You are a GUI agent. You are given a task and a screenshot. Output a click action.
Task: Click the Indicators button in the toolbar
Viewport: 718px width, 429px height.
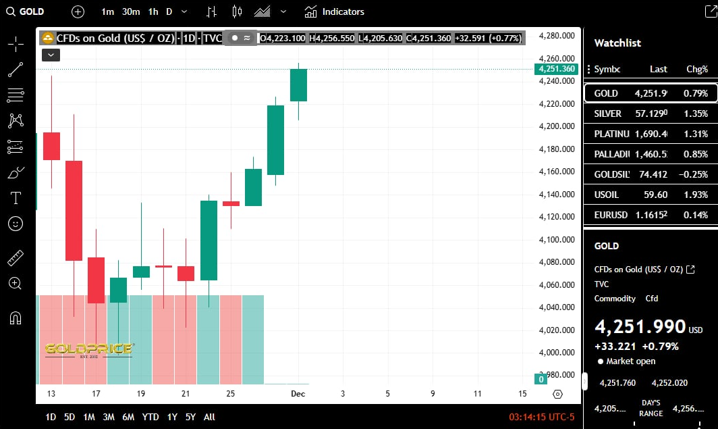(335, 11)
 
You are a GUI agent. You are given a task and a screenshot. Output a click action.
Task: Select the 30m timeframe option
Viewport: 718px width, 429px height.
(131, 11)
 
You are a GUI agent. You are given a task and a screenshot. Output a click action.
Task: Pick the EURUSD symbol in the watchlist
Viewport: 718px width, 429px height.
(611, 215)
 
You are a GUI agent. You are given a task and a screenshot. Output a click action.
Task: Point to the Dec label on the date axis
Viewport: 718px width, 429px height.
(298, 394)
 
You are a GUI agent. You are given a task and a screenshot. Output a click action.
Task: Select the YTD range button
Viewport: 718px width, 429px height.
(150, 417)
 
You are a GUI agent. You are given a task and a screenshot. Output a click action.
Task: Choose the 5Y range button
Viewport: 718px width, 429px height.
(191, 417)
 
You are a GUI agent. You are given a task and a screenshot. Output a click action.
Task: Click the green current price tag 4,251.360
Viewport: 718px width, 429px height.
(557, 69)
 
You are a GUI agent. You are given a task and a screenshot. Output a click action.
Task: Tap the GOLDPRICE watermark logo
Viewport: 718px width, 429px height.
(88, 349)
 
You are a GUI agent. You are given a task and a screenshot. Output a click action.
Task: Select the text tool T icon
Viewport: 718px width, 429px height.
(16, 198)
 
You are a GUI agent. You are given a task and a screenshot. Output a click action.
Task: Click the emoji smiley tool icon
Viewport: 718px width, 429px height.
(16, 223)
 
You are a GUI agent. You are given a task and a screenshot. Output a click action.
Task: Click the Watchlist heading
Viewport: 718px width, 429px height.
(617, 43)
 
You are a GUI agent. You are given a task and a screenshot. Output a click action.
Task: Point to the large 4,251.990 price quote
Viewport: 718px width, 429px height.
(640, 327)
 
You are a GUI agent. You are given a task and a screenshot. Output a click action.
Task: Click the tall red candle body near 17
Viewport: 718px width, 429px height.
(74, 210)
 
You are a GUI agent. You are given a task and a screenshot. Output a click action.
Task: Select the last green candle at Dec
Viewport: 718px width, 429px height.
(298, 85)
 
